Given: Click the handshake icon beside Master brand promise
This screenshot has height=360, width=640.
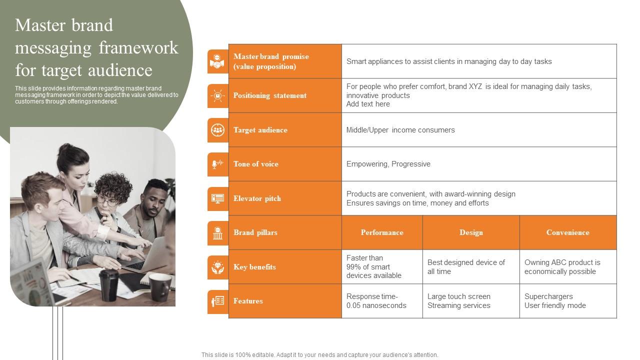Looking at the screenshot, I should tap(217, 61).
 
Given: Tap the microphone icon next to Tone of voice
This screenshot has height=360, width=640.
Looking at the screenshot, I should tap(217, 164).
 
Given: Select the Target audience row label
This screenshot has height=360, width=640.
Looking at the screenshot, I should tap(260, 130).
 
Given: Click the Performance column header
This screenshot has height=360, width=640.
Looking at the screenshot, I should tap(382, 232).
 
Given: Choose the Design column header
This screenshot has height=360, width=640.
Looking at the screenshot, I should tap(471, 232).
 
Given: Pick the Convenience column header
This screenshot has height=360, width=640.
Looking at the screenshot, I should tap(567, 232).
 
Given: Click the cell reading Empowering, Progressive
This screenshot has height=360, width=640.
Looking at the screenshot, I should tap(388, 164).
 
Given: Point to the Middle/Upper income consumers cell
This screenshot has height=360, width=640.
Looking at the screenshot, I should tap(400, 130).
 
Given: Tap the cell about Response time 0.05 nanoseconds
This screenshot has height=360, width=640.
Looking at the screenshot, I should tap(376, 301).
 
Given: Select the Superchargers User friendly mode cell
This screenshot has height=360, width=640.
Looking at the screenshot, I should tap(555, 301).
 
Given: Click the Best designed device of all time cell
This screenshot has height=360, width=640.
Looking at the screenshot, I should tap(466, 267).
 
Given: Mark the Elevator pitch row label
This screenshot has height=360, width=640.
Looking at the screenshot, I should tap(257, 198).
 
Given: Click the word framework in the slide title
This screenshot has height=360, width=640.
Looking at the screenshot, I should tap(138, 48).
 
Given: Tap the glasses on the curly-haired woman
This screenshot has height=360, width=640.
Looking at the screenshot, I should tap(106, 201).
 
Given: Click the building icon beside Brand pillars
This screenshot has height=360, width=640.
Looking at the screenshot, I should tap(217, 233).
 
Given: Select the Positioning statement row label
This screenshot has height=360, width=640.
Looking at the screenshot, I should tap(270, 95).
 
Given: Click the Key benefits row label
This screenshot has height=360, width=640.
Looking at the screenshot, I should tap(254, 267).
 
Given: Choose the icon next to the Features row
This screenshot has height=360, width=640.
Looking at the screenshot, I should tap(217, 301).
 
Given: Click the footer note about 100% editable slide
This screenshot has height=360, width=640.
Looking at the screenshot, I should tap(320, 355).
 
